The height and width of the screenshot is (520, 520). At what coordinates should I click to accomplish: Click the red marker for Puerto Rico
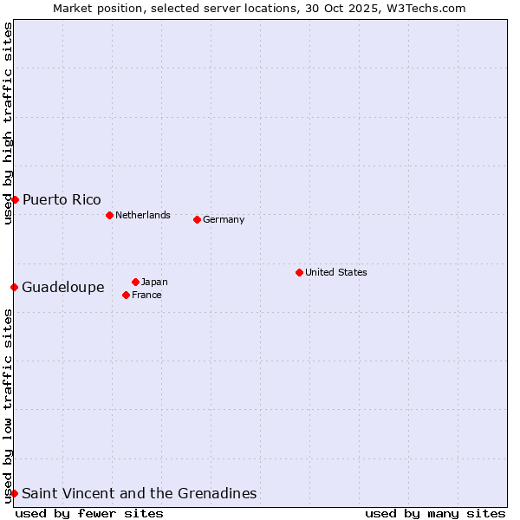(15, 200)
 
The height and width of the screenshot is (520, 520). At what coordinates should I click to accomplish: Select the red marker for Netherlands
(109, 215)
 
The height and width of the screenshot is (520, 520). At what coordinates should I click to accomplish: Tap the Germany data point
(197, 219)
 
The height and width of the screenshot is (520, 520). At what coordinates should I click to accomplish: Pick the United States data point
(299, 272)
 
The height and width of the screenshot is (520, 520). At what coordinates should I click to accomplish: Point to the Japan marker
(135, 282)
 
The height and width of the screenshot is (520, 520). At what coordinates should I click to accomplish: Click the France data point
(127, 295)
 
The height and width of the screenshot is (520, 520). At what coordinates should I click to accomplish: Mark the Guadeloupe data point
(15, 287)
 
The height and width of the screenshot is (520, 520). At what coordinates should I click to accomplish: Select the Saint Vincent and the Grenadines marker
(15, 493)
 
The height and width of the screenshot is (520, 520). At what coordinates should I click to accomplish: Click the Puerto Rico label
(62, 200)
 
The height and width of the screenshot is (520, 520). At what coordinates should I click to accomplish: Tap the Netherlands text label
(143, 215)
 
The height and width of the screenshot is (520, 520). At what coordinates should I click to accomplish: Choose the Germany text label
(224, 219)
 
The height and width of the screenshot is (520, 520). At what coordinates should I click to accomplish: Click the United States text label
(336, 272)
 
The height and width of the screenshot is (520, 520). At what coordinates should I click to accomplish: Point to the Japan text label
(154, 282)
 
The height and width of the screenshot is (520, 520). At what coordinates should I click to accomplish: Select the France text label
(146, 295)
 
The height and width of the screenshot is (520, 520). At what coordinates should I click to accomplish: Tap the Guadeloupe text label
(63, 287)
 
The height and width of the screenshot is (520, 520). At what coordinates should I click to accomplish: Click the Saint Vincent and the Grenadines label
(140, 493)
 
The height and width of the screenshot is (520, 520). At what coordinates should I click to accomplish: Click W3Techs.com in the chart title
(425, 8)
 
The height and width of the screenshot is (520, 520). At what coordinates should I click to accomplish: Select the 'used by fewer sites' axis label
(89, 513)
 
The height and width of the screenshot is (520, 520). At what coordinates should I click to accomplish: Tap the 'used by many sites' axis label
(435, 513)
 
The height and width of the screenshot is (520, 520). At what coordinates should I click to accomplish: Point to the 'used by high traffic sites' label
(8, 123)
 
